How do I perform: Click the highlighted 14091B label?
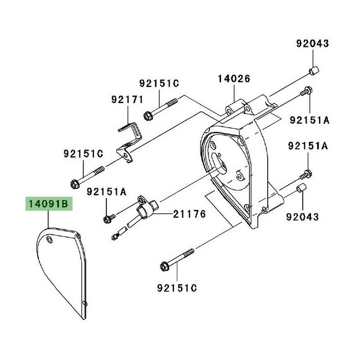[x=47, y=205]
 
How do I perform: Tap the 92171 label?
[x=127, y=100]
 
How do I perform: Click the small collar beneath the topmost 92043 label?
[x=314, y=71]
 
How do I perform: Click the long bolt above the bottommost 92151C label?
[x=177, y=260]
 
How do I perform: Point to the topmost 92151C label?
[x=159, y=83]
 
